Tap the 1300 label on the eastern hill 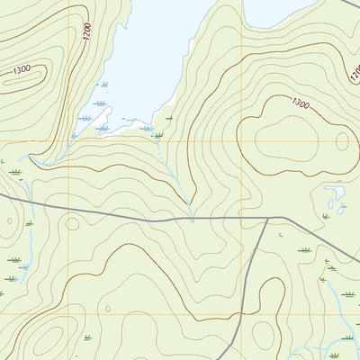[x=300, y=105]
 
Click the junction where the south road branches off [x=268, y=218]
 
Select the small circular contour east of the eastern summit [x=342, y=139]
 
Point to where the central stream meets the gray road [x=192, y=218]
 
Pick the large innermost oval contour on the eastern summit [x=292, y=139]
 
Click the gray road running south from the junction [x=254, y=270]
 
